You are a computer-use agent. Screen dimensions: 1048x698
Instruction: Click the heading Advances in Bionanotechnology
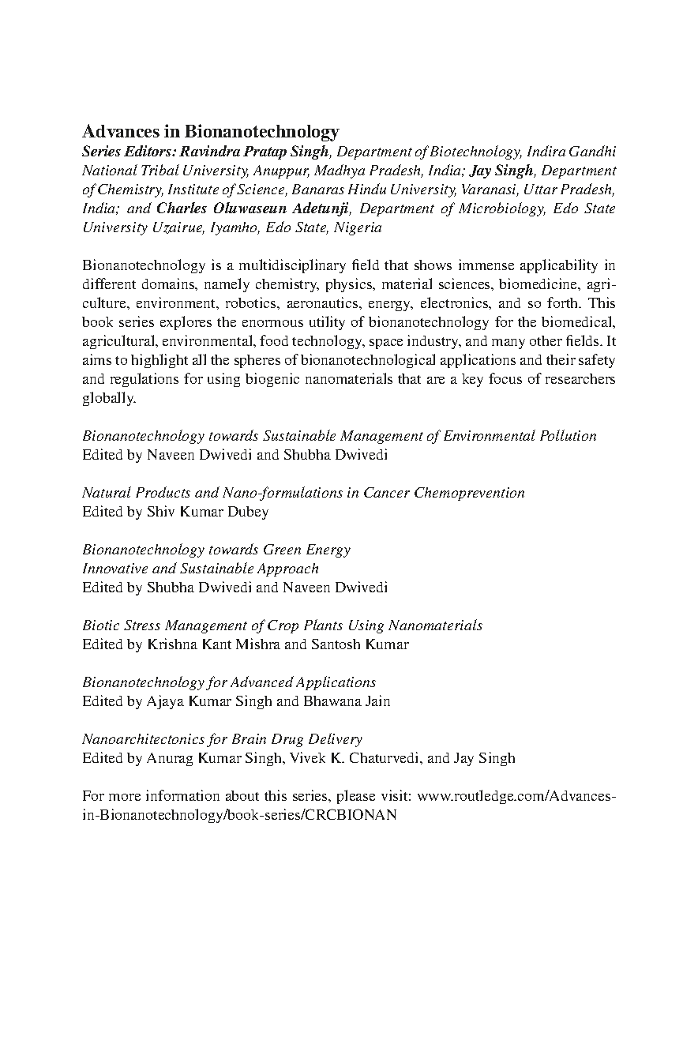click(211, 132)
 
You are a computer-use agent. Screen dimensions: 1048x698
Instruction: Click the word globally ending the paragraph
click(108, 398)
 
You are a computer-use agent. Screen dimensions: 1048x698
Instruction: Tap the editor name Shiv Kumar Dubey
click(208, 512)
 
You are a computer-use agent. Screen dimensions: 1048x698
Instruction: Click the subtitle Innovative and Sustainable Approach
click(201, 569)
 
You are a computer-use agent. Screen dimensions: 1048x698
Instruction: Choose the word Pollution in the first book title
click(567, 436)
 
